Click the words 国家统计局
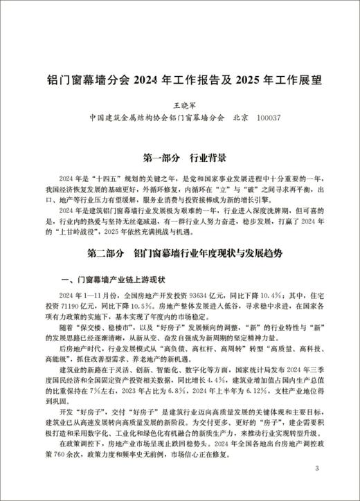coord(240,370)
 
